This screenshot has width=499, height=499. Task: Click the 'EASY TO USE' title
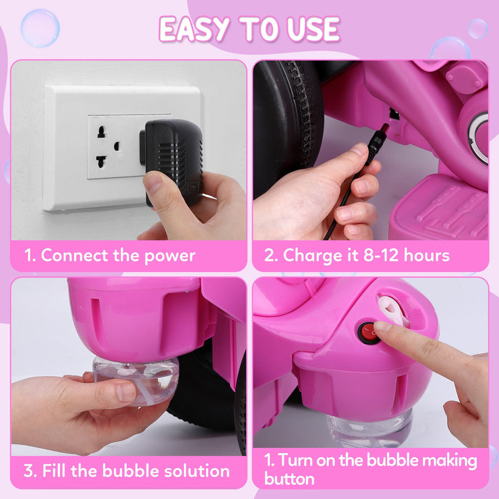click(249, 29)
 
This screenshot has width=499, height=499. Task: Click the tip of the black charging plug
click(385, 128)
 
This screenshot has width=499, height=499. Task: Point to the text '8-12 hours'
click(411, 255)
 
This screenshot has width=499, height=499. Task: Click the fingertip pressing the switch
click(382, 327)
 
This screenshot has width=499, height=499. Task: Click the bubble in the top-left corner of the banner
click(40, 27)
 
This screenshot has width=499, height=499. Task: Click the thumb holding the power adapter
click(157, 185)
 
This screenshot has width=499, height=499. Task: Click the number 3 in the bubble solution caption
click(29, 470)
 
